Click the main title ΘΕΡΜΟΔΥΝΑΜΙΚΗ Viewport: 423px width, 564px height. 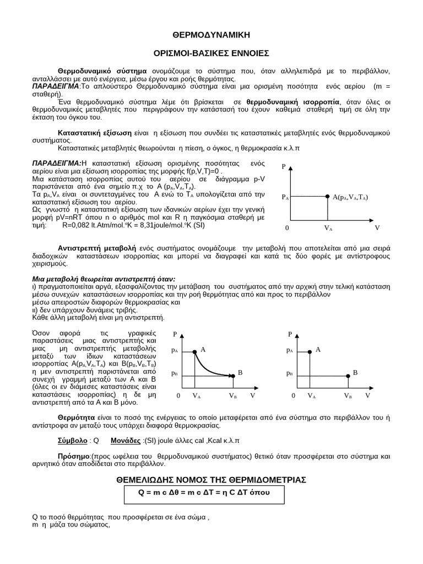(211, 35)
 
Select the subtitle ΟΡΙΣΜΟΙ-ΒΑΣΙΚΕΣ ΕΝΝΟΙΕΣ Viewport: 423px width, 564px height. (211, 53)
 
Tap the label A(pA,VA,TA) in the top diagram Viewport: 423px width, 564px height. (350, 197)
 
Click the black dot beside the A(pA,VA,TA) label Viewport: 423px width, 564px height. (328, 196)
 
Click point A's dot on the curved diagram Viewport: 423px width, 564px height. (194, 350)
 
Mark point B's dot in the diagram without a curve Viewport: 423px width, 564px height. (348, 376)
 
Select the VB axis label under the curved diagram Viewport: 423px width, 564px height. (233, 395)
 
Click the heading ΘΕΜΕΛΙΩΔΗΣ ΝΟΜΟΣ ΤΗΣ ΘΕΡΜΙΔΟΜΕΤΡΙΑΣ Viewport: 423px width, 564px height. (211, 480)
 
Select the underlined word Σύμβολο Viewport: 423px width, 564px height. (72, 441)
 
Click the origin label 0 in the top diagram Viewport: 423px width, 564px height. (287, 227)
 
